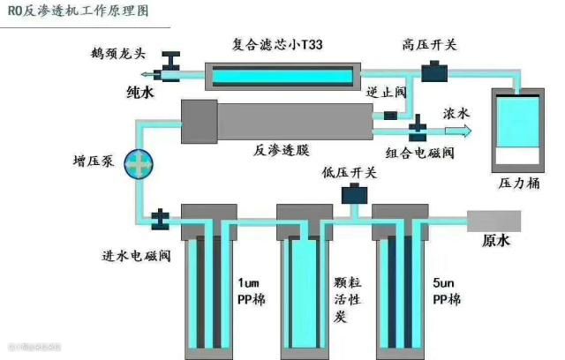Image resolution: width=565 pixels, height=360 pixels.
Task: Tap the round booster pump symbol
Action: tap(139, 162)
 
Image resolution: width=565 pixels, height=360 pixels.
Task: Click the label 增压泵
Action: tap(92, 162)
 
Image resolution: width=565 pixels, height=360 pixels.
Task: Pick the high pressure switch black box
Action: tap(433, 70)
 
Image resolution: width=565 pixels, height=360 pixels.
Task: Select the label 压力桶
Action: tap(518, 185)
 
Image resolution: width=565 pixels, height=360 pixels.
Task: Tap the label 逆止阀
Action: tap(384, 92)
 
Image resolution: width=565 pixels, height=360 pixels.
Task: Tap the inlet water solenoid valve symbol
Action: tap(162, 217)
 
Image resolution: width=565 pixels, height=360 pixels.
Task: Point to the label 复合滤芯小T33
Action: tap(279, 44)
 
